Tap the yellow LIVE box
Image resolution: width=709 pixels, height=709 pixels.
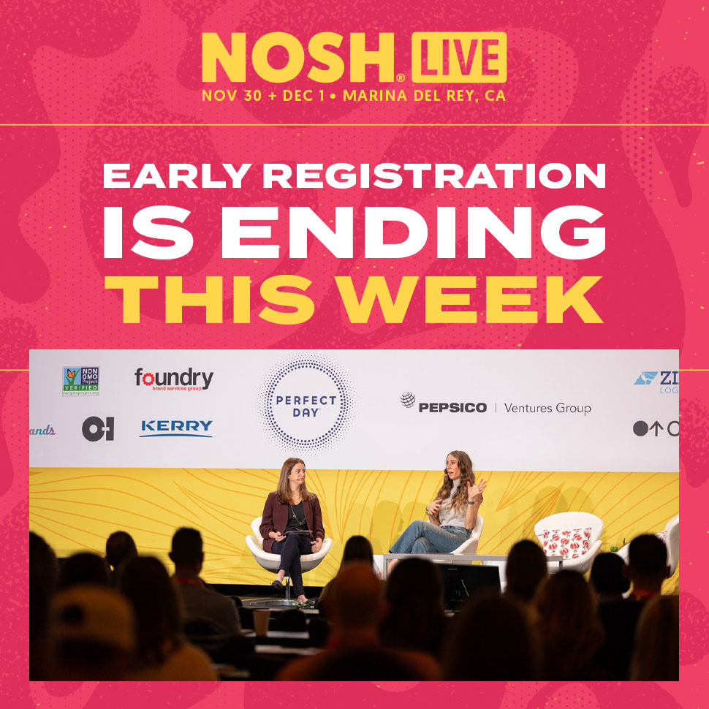coord(458,58)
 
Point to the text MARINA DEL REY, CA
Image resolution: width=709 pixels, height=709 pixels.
coord(424,96)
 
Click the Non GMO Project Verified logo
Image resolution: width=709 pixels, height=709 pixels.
coord(80,381)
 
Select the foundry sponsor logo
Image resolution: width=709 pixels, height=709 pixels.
coord(174,379)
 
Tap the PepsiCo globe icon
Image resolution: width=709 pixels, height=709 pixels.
coord(408,401)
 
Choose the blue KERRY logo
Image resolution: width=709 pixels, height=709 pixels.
coord(176,428)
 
